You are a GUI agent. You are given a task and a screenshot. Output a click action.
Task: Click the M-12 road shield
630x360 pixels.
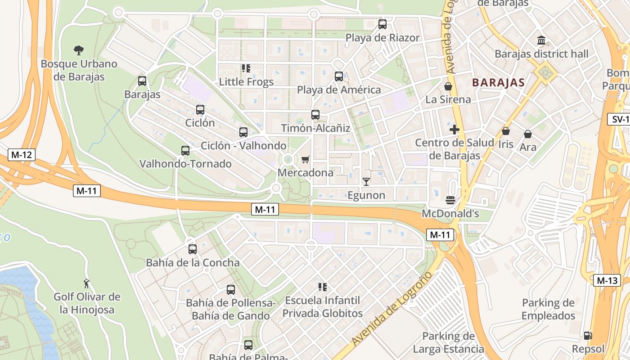[21, 155]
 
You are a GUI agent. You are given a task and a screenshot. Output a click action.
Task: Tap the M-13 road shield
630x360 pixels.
[607, 280]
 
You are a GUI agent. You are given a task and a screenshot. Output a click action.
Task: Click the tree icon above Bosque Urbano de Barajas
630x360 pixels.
[79, 50]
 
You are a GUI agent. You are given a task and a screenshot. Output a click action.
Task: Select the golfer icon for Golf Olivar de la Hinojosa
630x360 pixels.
[86, 283]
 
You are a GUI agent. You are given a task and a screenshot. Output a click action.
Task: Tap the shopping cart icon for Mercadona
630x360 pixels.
[306, 159]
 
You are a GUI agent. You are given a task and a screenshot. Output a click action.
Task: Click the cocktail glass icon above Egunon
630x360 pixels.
[366, 182]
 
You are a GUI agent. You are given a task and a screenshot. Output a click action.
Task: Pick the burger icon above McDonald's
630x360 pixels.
[450, 200]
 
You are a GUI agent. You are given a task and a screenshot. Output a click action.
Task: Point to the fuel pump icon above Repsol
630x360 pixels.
[588, 335]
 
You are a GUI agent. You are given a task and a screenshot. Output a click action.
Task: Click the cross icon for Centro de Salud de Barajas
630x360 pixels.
[454, 130]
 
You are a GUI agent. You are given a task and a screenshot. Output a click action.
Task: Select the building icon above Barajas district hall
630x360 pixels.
[541, 40]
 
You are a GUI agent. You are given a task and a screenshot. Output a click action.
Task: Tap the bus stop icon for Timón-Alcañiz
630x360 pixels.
[315, 115]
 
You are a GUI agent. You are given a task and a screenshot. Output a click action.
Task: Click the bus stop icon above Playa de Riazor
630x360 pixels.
[382, 24]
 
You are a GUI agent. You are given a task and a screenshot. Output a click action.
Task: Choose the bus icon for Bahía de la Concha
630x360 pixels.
[193, 249]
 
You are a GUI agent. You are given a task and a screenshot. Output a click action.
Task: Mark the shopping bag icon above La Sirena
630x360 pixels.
[448, 86]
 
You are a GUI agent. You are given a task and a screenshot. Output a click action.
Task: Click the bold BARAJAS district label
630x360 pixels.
[499, 82]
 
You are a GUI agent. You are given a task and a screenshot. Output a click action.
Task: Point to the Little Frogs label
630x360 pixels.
[246, 82]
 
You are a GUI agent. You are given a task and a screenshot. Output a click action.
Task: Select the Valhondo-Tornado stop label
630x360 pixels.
[185, 164]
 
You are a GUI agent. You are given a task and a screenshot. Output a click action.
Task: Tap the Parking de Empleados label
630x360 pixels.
[549, 309]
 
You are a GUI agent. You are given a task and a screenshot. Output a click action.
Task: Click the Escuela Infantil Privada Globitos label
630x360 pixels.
[322, 306]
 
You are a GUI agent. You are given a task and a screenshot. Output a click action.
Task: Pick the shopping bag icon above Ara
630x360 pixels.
[528, 134]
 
